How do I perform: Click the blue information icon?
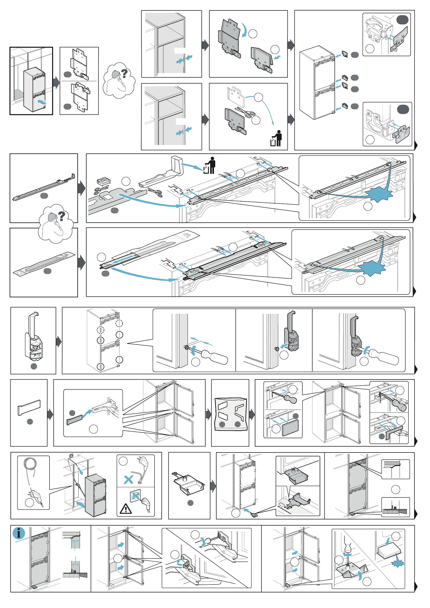coord(19,532)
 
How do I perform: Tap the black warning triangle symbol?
coord(126,509)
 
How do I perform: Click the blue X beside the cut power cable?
coord(128,480)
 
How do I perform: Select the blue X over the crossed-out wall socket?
coord(136,496)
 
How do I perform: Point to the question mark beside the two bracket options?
coord(124,73)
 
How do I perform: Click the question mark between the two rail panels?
coord(62,216)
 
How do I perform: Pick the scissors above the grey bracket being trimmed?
coord(245,112)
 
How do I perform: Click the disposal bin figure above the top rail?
coord(210,165)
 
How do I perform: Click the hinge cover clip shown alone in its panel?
coord(34,336)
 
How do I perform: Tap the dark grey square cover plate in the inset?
coord(290,428)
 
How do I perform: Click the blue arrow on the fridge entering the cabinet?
coord(42,102)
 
